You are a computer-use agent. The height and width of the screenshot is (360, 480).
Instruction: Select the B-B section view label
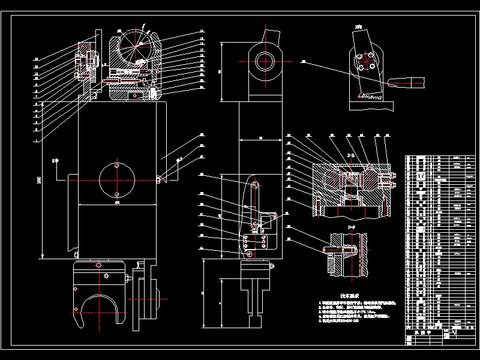pyautogui.click(x=352, y=155)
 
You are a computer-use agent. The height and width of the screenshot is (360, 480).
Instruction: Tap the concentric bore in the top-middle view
pyautogui.click(x=265, y=61)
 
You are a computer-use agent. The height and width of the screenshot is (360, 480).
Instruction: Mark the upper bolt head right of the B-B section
pyautogui.click(x=394, y=175)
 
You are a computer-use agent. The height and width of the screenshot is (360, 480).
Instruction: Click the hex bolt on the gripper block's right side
pyautogui.click(x=128, y=277)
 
